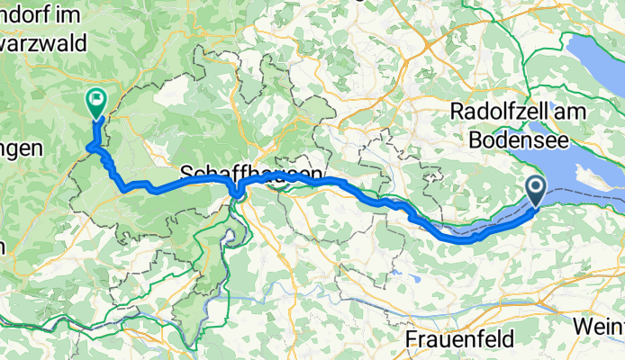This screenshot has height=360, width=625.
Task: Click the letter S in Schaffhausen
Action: coord(188,172)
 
